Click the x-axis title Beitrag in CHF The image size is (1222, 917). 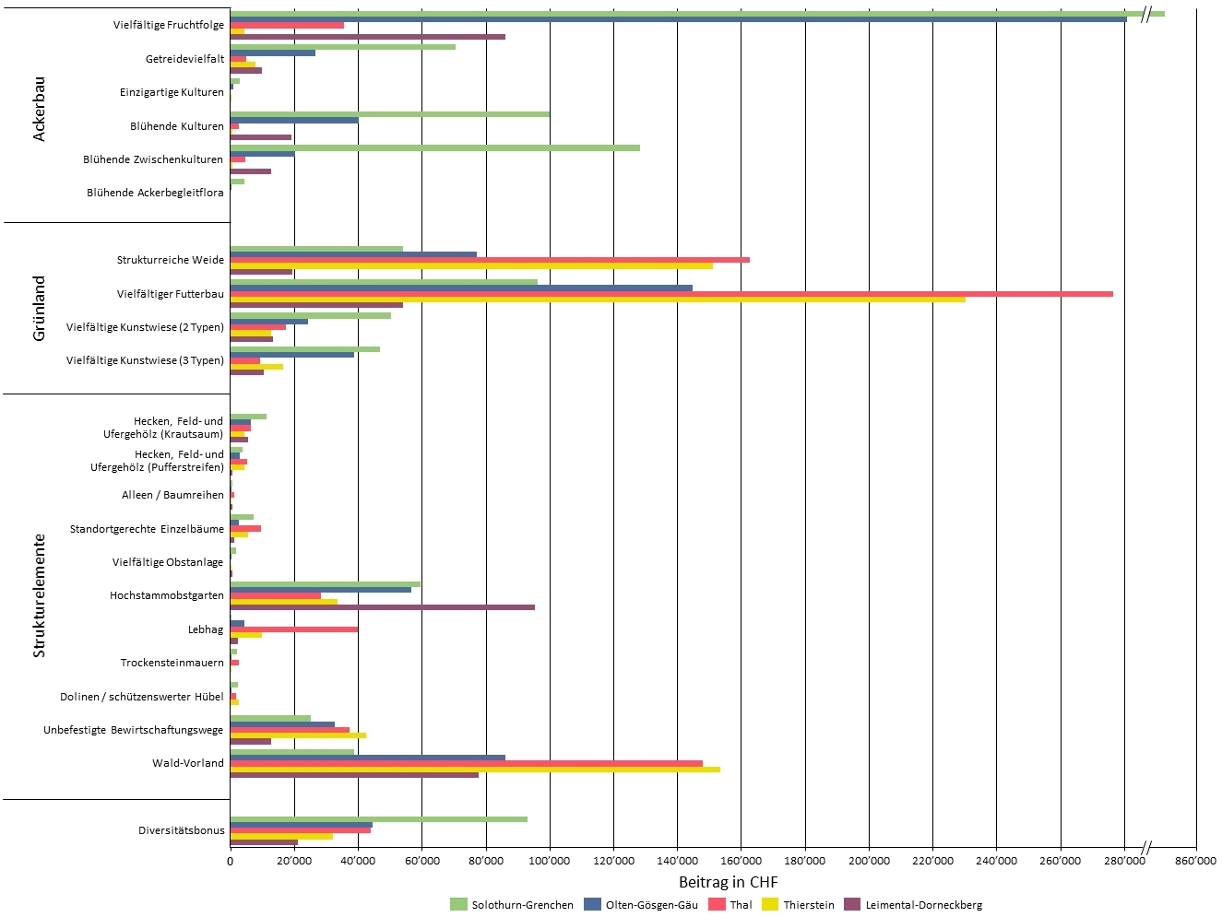(x=728, y=882)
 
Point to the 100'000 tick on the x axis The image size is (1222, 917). (x=550, y=861)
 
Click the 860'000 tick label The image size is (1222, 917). (x=1196, y=861)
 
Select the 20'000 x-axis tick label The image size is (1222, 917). (x=294, y=861)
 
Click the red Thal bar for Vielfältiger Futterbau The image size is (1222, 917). (x=671, y=294)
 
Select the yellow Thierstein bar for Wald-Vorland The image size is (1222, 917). (x=475, y=770)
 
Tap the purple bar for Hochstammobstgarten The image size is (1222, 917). (x=382, y=607)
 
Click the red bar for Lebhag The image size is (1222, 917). (x=294, y=629)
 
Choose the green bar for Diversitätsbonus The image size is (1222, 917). (x=378, y=818)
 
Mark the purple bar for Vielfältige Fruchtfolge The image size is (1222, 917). (x=367, y=37)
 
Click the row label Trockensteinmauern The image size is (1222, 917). (x=172, y=663)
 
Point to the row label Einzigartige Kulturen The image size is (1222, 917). (x=172, y=92)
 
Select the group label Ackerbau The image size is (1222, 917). (x=39, y=109)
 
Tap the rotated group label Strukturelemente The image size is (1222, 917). (x=39, y=595)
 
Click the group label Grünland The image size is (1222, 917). (x=39, y=308)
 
